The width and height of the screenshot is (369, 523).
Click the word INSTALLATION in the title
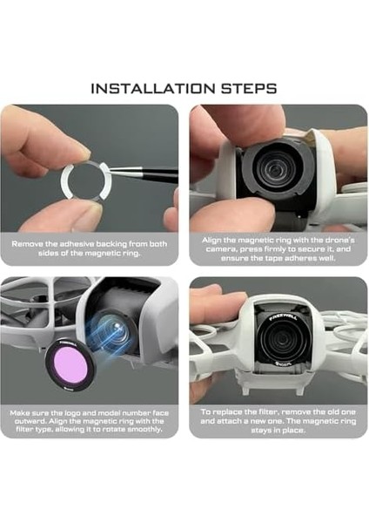click(x=153, y=89)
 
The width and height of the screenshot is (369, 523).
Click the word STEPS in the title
click(x=249, y=89)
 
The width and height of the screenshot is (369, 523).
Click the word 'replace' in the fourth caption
click(x=226, y=412)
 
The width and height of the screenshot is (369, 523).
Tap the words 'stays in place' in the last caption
click(x=278, y=431)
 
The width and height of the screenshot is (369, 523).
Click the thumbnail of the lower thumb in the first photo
click(x=94, y=211)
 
